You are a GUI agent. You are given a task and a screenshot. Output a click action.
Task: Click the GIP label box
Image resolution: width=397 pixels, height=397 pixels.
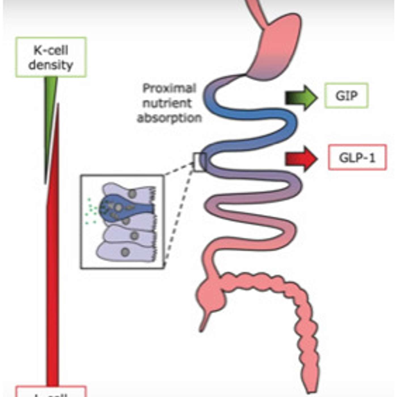point(346,96)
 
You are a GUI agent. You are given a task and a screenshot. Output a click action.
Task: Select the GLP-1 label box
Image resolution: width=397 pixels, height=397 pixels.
point(357,157)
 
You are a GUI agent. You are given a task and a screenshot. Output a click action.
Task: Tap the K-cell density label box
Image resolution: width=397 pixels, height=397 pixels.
point(51,57)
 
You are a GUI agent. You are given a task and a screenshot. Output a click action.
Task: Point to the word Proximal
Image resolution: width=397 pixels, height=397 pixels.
point(169,88)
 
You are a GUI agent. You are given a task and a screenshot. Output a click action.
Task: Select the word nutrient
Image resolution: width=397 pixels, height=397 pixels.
point(167,103)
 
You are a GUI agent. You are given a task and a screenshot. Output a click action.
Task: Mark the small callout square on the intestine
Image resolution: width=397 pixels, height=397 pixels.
point(199,162)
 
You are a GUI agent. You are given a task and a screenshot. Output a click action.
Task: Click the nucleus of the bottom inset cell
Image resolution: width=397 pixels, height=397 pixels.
point(125,252)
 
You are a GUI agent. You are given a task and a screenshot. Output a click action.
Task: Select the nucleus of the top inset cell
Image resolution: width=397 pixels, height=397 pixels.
point(132,194)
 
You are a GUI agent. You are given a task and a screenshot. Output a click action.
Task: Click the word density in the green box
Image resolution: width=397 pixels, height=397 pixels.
point(51,65)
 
